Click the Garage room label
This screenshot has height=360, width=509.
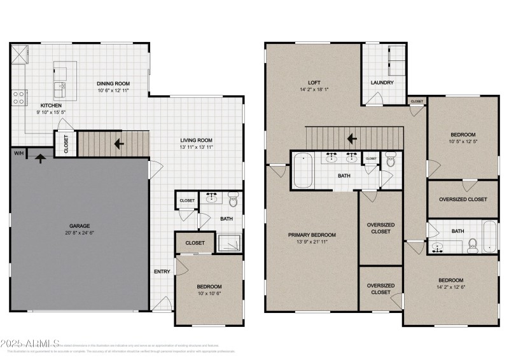click(x=80, y=226)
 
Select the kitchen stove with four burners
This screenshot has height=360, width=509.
click(x=19, y=97)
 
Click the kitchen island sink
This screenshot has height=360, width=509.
click(x=63, y=87)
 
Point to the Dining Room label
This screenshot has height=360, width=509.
click(x=113, y=83)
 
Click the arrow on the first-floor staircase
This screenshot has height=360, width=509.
click(x=119, y=144)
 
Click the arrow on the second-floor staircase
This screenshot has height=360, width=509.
click(x=351, y=138)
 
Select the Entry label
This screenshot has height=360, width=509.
click(x=162, y=272)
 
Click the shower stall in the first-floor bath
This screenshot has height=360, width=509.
click(x=229, y=242)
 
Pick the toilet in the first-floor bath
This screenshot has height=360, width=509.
click(x=233, y=202)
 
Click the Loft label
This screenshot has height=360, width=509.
click(x=314, y=82)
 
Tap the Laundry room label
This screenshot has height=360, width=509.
click(x=382, y=83)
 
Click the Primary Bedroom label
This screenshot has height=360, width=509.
click(x=312, y=235)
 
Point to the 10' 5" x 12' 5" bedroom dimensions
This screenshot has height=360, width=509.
click(x=463, y=141)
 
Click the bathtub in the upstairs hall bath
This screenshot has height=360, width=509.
click(x=489, y=237)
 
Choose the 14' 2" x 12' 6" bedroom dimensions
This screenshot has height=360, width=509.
click(x=450, y=287)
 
